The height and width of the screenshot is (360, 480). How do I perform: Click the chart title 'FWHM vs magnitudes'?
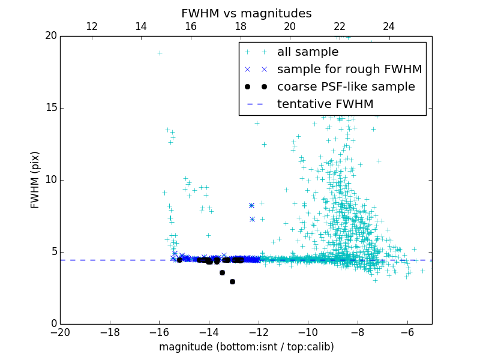pyautogui.click(x=246, y=13)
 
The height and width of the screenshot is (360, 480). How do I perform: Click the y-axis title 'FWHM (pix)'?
pyautogui.click(x=35, y=180)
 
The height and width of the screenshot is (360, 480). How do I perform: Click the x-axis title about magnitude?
pyautogui.click(x=246, y=347)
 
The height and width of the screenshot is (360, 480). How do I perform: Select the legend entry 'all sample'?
pyautogui.click(x=308, y=52)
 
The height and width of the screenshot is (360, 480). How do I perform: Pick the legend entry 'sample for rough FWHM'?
pyautogui.click(x=349, y=70)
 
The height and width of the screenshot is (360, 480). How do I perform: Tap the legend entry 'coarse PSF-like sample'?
pyautogui.click(x=346, y=87)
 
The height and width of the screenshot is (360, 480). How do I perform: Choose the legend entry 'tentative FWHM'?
pyautogui.click(x=325, y=104)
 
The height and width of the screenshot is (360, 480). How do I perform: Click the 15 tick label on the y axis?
pyautogui.click(x=50, y=108)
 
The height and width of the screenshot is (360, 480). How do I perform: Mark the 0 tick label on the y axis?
pyautogui.click(x=53, y=324)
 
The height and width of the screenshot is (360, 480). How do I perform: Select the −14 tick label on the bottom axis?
pyautogui.click(x=209, y=332)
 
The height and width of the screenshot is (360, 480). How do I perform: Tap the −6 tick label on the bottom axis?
pyautogui.click(x=407, y=332)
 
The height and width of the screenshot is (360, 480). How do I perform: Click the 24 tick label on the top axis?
pyautogui.click(x=389, y=26)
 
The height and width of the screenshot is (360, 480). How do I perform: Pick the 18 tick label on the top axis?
pyautogui.click(x=241, y=26)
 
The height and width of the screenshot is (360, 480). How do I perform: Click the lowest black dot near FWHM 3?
pyautogui.click(x=232, y=281)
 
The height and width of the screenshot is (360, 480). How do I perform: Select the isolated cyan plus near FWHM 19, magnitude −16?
pyautogui.click(x=160, y=53)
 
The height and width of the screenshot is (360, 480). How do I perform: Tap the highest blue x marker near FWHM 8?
pyautogui.click(x=251, y=205)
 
